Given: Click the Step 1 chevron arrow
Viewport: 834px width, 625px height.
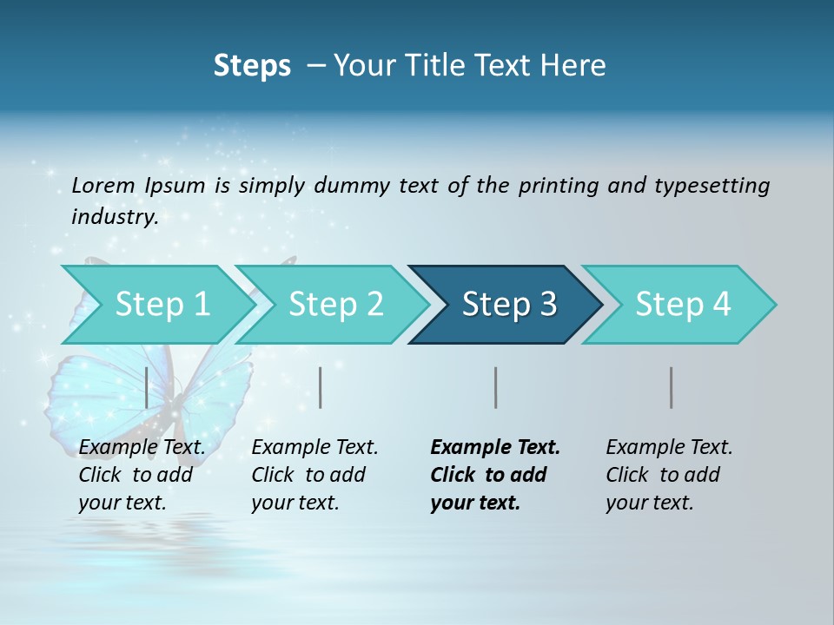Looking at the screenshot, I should point(156,305).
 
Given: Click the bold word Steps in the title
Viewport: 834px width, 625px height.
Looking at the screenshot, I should point(252,66).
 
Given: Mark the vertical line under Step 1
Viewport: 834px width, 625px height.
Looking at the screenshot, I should point(147,387).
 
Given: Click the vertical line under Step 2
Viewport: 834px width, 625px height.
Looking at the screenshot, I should point(321,387).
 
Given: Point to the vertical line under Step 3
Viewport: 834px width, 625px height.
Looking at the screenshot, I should point(496,387).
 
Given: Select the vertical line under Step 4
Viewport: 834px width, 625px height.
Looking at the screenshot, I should point(672,387).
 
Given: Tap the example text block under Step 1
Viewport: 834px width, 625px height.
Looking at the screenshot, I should point(142,475).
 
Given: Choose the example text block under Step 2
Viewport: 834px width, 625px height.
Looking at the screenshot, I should point(314,475).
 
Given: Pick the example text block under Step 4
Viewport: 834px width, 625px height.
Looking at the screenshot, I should point(669,475).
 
